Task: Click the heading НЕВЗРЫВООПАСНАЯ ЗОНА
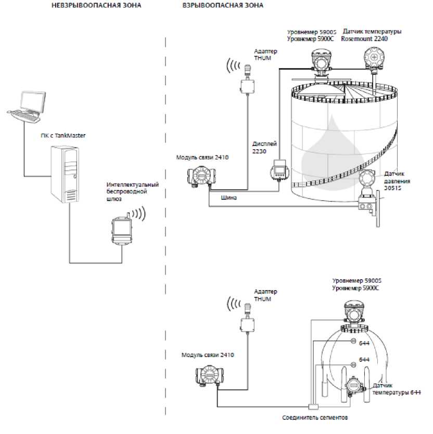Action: (x=96, y=5)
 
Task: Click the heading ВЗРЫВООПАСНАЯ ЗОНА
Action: (x=223, y=5)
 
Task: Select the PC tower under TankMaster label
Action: (x=65, y=174)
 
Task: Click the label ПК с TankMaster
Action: (x=63, y=135)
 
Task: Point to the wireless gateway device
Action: (x=122, y=230)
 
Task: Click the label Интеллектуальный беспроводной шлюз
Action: (x=133, y=192)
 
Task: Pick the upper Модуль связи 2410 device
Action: (x=201, y=176)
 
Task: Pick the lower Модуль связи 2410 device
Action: (x=210, y=375)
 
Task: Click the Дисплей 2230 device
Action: (x=279, y=170)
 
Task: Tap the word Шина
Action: (x=228, y=198)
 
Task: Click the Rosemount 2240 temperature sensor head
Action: (x=374, y=58)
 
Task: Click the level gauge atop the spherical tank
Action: (x=354, y=314)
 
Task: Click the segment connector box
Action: (x=313, y=406)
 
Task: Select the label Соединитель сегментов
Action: (x=315, y=417)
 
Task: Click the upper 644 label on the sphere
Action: (x=364, y=343)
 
